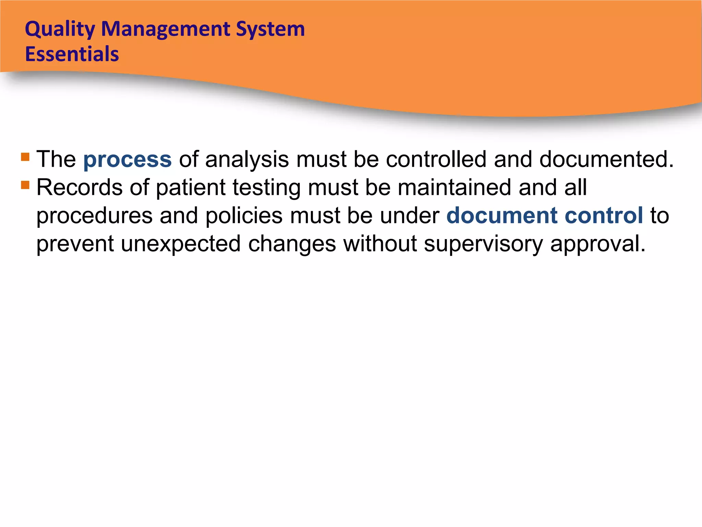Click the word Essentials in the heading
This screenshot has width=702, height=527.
pyautogui.click(x=72, y=54)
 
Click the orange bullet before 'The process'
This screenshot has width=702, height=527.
pyautogui.click(x=25, y=157)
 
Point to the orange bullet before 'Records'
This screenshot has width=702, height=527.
pyautogui.click(x=25, y=185)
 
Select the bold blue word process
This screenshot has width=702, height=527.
pyautogui.click(x=127, y=160)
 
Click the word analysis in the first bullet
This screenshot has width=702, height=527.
pyautogui.click(x=247, y=160)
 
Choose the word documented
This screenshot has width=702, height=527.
pyautogui.click(x=606, y=159)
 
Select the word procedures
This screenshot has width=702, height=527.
pyautogui.click(x=94, y=216)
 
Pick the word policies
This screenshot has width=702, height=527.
pyautogui.click(x=244, y=216)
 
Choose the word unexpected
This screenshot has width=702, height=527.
pyautogui.click(x=181, y=244)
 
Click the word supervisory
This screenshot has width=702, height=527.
pyautogui.click(x=483, y=244)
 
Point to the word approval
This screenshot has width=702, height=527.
pyautogui.click(x=598, y=244)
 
